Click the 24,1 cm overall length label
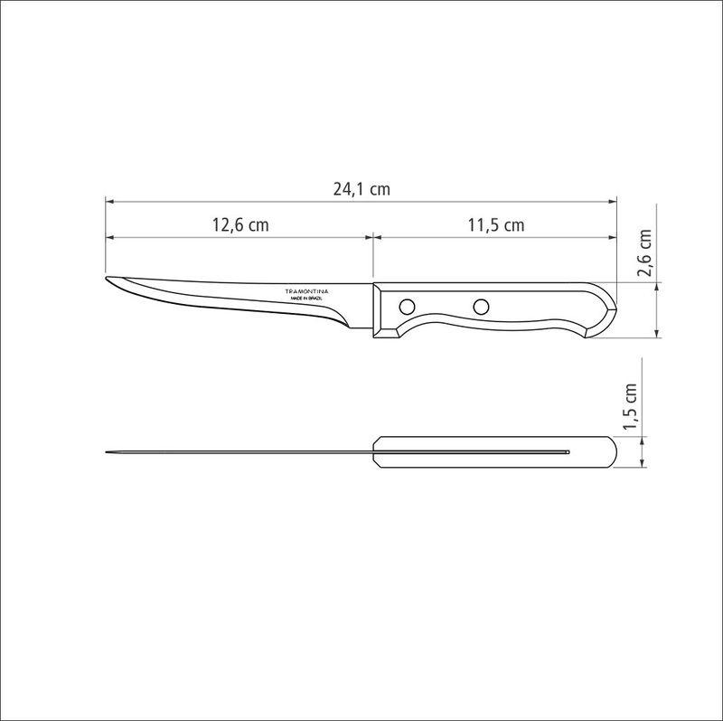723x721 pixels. (x=361, y=189)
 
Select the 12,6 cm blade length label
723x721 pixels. (x=240, y=225)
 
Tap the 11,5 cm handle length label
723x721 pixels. (x=496, y=225)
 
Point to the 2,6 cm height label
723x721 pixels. (x=643, y=256)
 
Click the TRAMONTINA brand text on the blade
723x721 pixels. (x=307, y=290)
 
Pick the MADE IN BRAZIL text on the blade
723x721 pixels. (x=307, y=298)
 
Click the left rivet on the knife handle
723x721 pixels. (x=407, y=304)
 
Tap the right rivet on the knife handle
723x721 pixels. (x=481, y=304)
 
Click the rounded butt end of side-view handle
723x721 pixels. (x=609, y=313)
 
